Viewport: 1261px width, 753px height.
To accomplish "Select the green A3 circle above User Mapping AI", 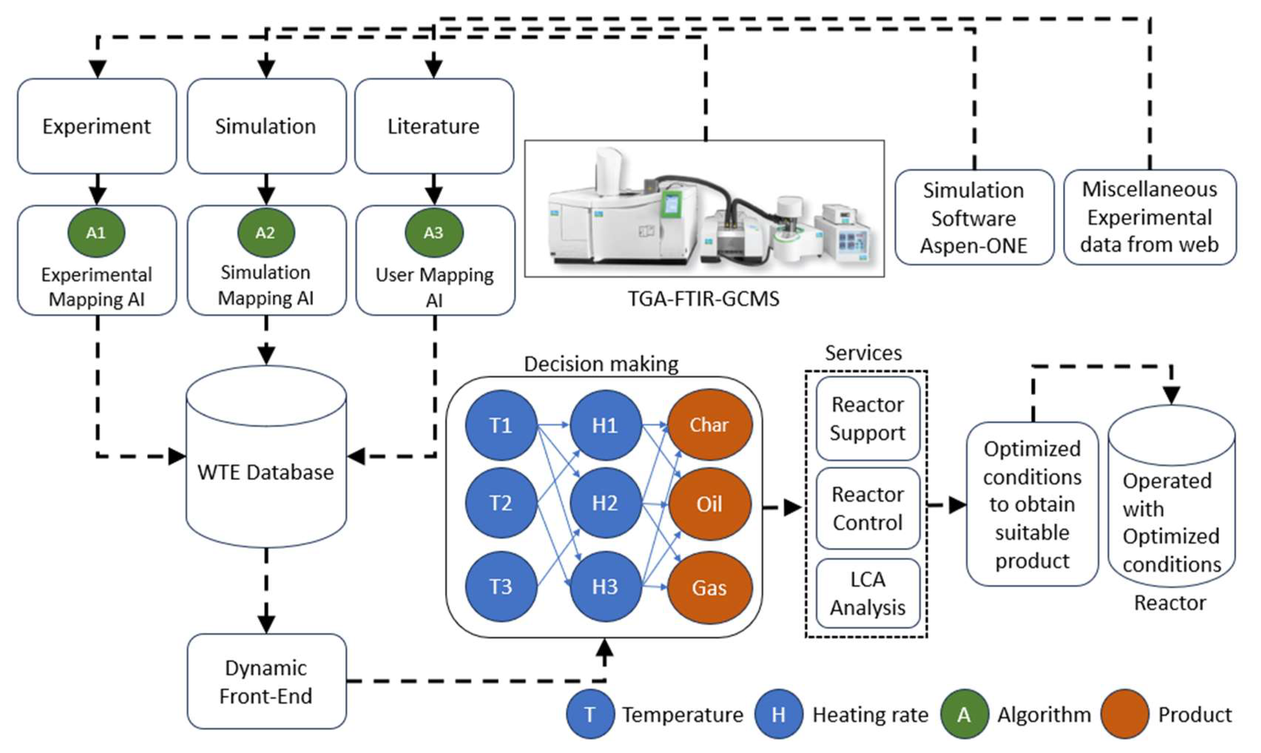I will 434,233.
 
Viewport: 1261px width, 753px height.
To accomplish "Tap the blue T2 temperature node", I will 501,503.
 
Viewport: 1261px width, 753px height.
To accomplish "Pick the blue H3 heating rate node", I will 605,587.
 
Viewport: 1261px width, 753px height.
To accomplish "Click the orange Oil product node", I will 710,504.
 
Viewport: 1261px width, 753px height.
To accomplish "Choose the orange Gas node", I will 710,588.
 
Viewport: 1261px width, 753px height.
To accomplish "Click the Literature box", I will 434,126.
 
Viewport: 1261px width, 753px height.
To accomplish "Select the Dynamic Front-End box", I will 266,682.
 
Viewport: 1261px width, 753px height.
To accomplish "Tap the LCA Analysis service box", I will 868,594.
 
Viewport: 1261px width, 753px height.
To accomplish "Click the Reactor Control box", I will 868,509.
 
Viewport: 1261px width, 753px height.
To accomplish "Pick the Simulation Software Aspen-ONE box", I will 974,218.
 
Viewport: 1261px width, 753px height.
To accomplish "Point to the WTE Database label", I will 266,472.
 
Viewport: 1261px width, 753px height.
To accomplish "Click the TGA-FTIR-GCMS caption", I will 704,299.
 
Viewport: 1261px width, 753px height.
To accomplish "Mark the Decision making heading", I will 601,364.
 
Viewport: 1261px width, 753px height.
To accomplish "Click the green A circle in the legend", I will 964,715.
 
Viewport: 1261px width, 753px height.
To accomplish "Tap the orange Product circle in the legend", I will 1125,715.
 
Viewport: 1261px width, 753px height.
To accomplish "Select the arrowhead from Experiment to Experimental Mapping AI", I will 97,195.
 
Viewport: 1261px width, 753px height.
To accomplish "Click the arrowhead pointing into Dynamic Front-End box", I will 266,624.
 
